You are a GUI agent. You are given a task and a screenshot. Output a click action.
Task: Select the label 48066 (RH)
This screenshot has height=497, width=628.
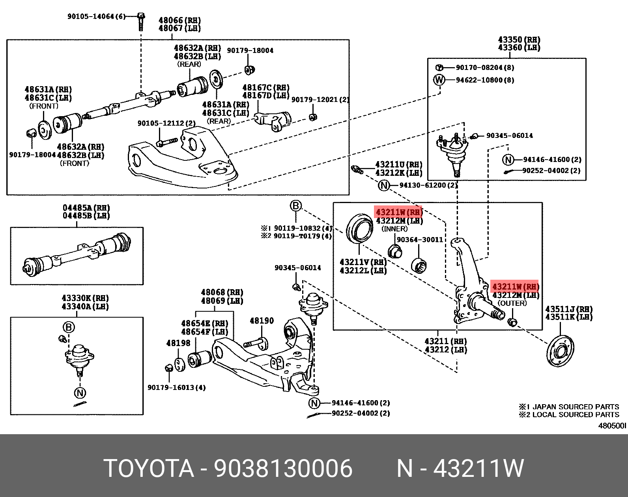coord(179,20)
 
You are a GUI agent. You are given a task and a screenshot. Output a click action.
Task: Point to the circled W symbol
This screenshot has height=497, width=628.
coord(439,80)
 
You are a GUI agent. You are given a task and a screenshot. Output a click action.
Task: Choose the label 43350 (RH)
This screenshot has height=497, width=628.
coord(519,40)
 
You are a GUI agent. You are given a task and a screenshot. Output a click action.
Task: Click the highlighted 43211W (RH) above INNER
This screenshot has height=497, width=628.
coord(398,212)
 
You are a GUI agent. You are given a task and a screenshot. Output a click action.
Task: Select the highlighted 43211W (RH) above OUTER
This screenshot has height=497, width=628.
coord(515,286)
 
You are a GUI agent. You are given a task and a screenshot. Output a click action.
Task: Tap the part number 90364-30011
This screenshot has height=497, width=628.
coord(419,240)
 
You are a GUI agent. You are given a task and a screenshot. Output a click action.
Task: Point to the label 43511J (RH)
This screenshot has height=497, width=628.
coord(568,309)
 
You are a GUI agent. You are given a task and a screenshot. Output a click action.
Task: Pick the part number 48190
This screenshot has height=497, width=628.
coord(262,321)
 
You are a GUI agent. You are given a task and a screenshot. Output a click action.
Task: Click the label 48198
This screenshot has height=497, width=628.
coord(178,343)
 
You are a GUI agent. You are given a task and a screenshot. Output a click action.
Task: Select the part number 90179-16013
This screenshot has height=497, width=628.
coord(176,387)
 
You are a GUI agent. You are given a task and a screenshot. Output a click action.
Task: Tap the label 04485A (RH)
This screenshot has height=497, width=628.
coord(86,208)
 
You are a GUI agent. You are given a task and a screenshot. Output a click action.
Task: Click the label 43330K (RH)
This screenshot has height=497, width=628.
coord(85,298)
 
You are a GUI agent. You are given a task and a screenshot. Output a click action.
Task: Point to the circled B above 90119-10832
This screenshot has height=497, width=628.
coord(296,206)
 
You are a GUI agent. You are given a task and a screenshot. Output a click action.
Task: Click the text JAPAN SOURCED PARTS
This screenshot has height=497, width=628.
coord(576,407)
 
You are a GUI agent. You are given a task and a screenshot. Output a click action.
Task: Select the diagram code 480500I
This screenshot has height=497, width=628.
coord(612,425)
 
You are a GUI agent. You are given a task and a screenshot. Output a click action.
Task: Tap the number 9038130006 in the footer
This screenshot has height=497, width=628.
coord(283,469)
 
